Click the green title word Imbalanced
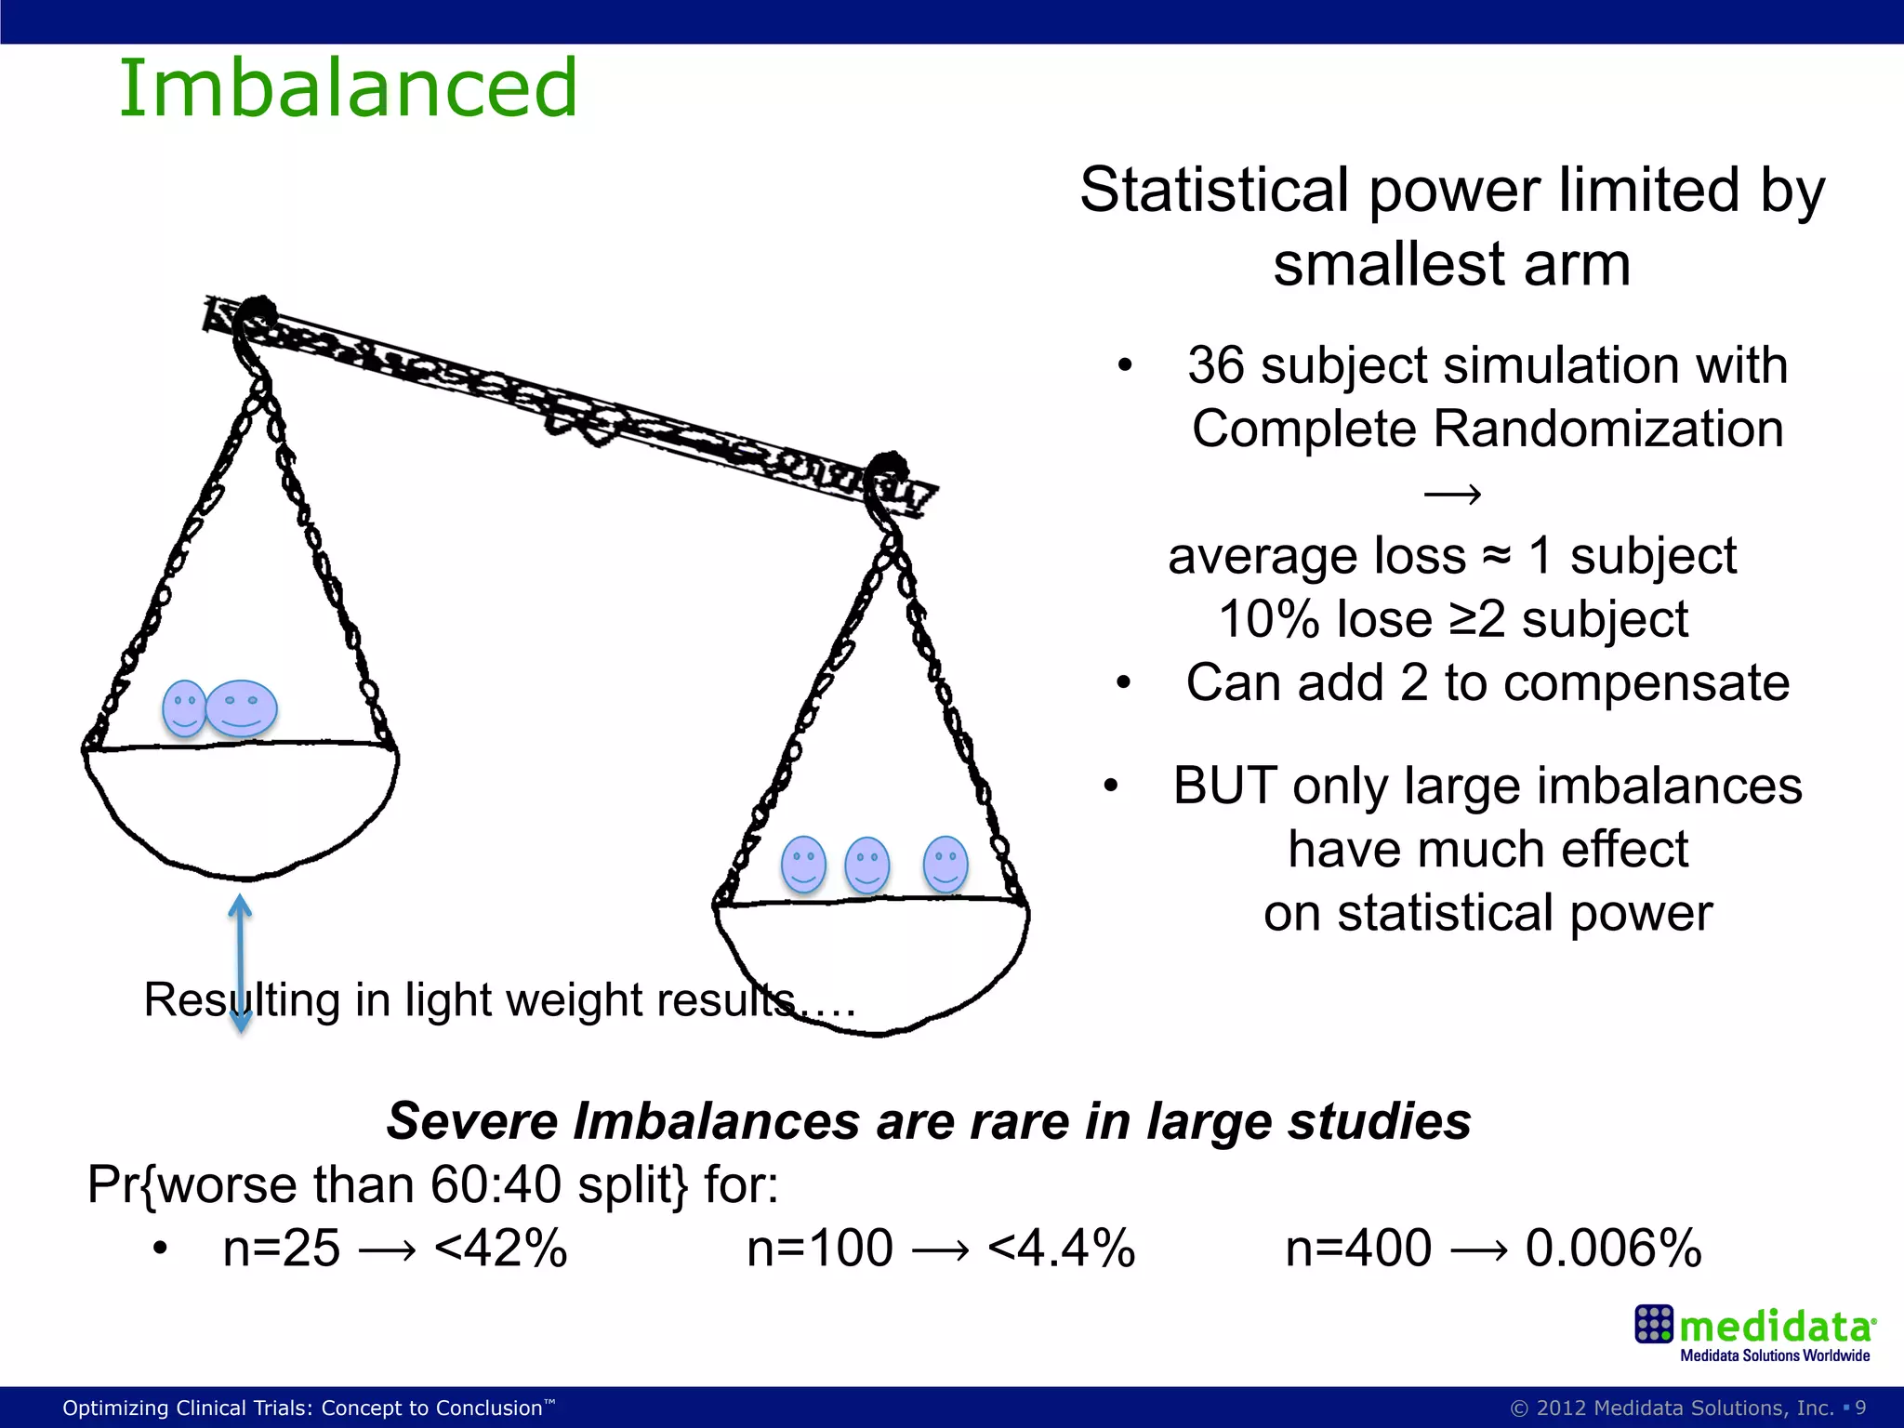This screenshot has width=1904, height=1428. coord(348,88)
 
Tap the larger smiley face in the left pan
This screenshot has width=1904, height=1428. coord(241,708)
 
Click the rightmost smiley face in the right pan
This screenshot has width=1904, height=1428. coord(945,863)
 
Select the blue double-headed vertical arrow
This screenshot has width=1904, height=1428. coord(241,963)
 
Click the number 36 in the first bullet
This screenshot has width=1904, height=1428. coord(1215,365)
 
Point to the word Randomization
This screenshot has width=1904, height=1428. coord(1607,430)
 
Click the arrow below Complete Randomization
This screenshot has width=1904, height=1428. coord(1452,494)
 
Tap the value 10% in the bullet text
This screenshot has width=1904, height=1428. coord(1259,620)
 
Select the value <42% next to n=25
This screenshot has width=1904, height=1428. coord(500,1249)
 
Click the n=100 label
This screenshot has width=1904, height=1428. coord(819,1249)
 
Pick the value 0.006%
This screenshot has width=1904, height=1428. coord(1613,1249)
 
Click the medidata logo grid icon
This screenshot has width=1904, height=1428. coord(1653,1324)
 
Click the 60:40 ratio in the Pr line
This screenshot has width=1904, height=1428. coord(496,1185)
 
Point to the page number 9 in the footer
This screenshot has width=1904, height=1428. coord(1860,1408)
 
